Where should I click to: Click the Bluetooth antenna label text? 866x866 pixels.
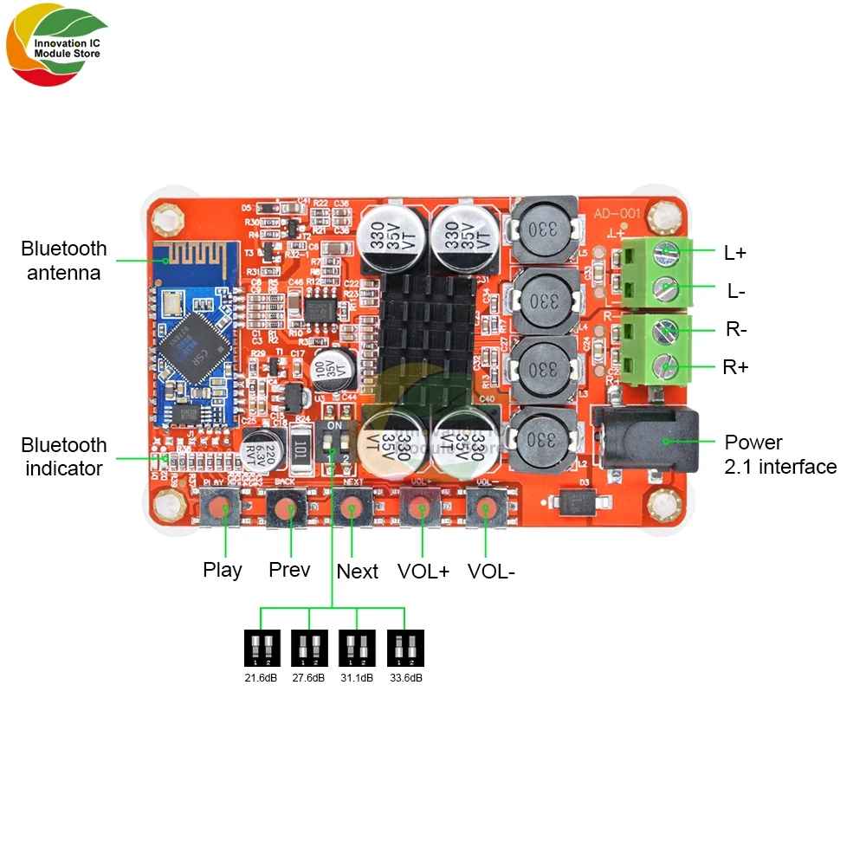[64, 261]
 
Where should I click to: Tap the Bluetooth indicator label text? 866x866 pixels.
[64, 456]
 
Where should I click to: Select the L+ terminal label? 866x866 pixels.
[735, 253]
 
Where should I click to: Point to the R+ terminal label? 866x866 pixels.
[736, 367]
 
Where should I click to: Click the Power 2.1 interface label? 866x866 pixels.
[779, 455]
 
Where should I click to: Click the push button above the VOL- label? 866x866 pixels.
[485, 508]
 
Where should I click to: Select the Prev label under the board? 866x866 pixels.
[289, 570]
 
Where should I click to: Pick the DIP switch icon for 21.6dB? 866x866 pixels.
[261, 648]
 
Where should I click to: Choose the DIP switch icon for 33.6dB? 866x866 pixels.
[405, 648]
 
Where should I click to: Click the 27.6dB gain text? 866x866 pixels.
[309, 678]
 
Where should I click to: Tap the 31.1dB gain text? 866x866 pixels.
[357, 678]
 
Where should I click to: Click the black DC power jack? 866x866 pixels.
[645, 442]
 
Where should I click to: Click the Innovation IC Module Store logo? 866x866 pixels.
[57, 48]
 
